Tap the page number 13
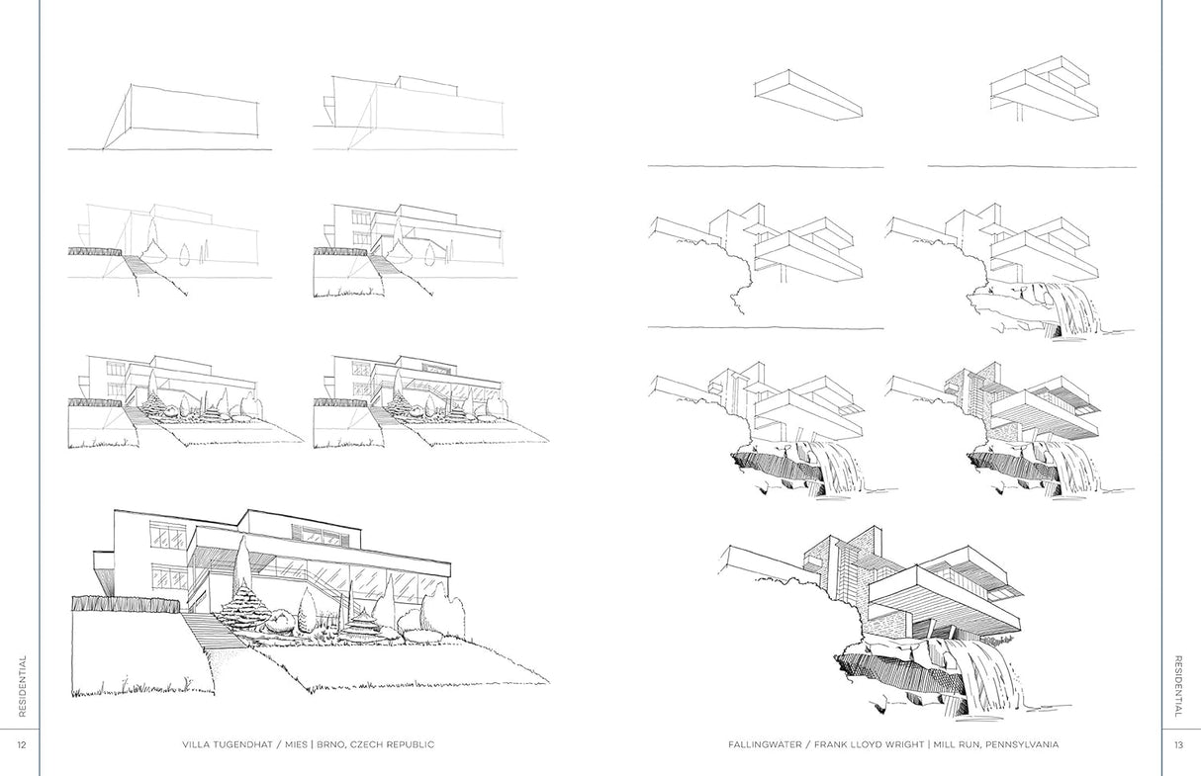[x=1178, y=744]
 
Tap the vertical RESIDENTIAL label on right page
[x=1178, y=687]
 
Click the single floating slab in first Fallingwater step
[x=807, y=94]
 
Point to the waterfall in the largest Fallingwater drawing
[x=983, y=672]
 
